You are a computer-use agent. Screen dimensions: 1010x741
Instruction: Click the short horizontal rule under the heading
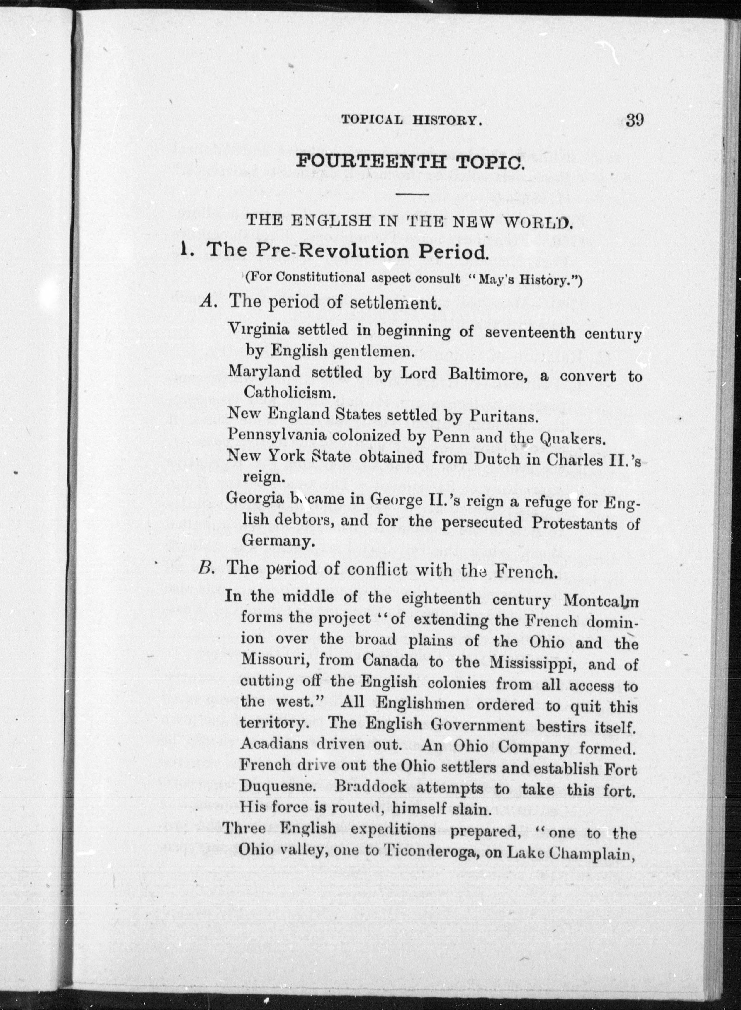pos(413,194)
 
